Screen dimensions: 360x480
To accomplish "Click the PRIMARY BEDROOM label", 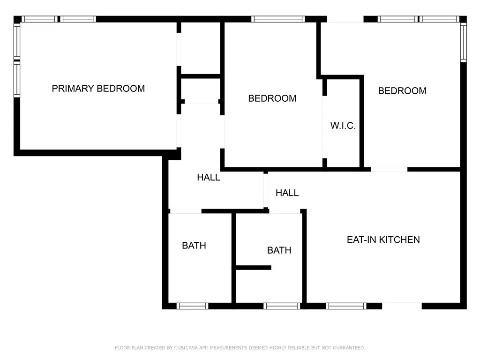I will tap(98, 88).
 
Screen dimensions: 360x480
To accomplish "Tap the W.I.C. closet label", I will tap(343, 126).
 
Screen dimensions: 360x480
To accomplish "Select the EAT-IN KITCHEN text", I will tap(383, 240).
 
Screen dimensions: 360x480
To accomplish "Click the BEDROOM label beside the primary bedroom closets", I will tap(272, 98).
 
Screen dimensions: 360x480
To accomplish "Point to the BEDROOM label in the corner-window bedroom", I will tap(402, 91).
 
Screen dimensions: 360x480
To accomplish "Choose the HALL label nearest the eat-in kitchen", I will tap(287, 193).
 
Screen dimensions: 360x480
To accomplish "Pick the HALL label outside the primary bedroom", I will tap(208, 178).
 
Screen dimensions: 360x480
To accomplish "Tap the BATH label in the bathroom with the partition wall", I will tap(279, 250).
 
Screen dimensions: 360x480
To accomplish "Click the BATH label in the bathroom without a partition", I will tap(194, 245).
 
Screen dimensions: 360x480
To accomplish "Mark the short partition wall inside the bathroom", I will tap(253, 268).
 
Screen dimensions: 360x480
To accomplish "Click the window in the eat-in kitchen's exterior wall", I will tap(346, 306).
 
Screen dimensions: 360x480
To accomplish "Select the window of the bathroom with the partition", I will tap(281, 306).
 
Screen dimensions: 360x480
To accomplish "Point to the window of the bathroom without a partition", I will tap(192, 306).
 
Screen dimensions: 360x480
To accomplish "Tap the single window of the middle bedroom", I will tap(278, 19).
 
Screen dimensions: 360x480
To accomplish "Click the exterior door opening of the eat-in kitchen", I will tap(402, 306).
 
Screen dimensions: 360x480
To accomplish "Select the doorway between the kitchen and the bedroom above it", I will tap(389, 169).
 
